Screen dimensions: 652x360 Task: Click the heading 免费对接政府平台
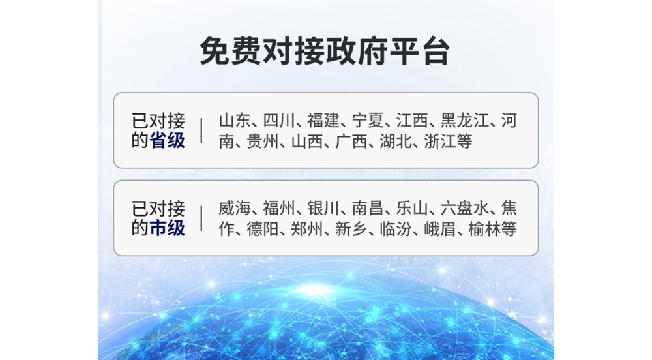click(x=325, y=51)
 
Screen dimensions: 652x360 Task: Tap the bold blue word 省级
click(x=167, y=140)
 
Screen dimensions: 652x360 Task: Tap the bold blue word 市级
click(x=167, y=228)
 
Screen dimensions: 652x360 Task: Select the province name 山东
click(x=235, y=121)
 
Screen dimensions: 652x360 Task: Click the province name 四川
click(x=279, y=121)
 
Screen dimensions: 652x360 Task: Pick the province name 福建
click(x=323, y=121)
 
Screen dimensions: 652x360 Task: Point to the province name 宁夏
click(x=368, y=121)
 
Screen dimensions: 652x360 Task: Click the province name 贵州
click(x=263, y=142)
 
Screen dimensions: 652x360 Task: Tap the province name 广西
click(x=351, y=142)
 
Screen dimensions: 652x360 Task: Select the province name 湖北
click(x=396, y=142)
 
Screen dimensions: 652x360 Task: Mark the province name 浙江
click(x=440, y=142)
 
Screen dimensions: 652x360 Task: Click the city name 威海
click(x=235, y=208)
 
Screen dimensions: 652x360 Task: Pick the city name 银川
click(x=323, y=208)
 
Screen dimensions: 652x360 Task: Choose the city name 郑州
click(x=307, y=229)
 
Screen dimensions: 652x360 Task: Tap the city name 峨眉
click(x=440, y=229)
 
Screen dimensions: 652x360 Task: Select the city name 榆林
click(x=484, y=229)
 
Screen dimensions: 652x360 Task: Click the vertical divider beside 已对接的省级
click(x=201, y=130)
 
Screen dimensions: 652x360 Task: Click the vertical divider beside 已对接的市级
click(x=201, y=218)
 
